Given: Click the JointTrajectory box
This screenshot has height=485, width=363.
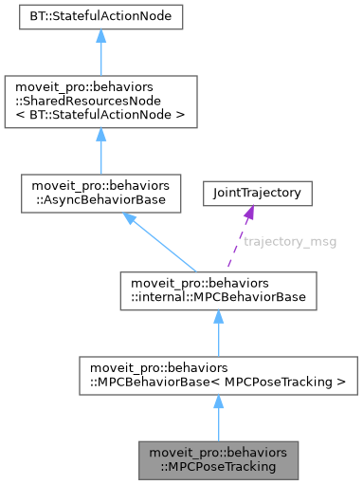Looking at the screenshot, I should (x=257, y=193).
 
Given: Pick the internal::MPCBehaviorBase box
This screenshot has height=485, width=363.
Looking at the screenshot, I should (x=217, y=291).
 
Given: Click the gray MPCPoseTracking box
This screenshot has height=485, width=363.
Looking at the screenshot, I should (x=217, y=458).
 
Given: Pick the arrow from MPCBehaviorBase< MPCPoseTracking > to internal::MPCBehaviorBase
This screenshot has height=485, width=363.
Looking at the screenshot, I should (x=217, y=331).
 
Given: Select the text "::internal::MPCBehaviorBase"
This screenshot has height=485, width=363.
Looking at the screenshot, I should (x=217, y=298).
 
